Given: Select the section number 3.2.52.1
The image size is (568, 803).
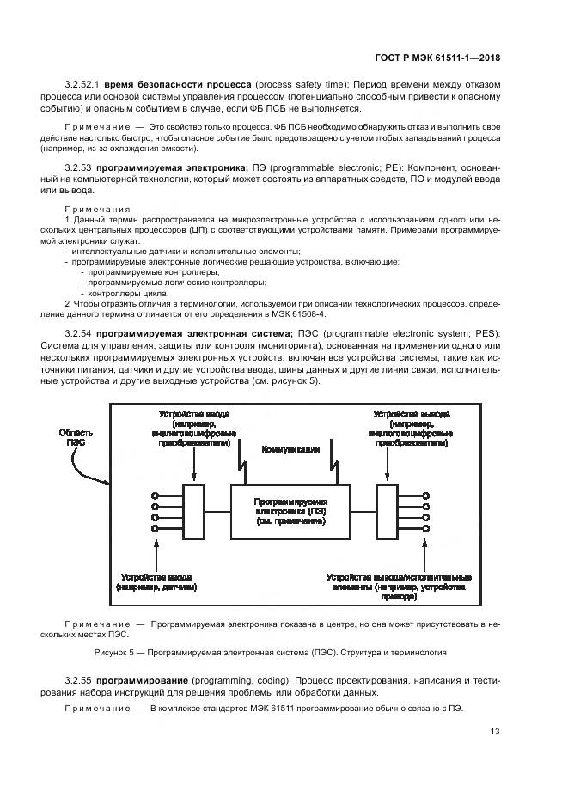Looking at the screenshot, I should pyautogui.click(x=83, y=86).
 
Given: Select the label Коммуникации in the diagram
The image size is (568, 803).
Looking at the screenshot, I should pyautogui.click(x=290, y=449).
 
